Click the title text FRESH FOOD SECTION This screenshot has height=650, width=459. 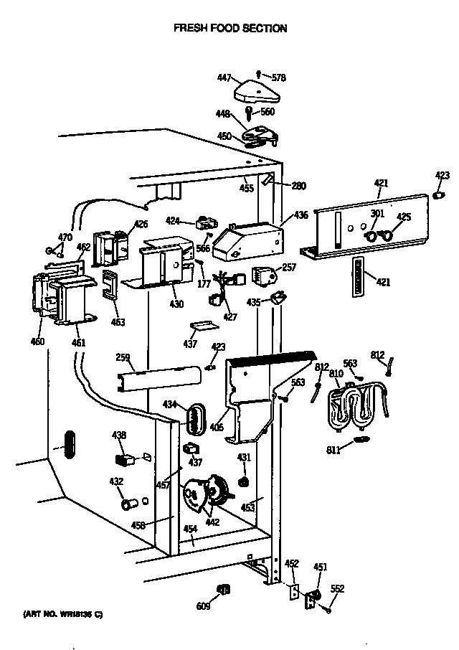click(x=230, y=29)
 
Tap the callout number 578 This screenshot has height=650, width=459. click(x=278, y=77)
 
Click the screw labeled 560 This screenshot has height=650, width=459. click(x=249, y=113)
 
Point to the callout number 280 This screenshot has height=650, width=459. click(x=298, y=187)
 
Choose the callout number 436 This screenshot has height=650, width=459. click(x=301, y=215)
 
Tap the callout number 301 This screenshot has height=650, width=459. click(x=377, y=213)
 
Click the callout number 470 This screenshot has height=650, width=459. click(x=65, y=237)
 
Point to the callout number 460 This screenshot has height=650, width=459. click(x=37, y=341)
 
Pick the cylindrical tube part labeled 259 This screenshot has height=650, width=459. click(x=158, y=375)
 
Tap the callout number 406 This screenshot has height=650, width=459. click(x=217, y=428)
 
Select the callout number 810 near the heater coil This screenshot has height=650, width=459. click(x=336, y=374)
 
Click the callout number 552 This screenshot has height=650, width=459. click(x=337, y=589)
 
